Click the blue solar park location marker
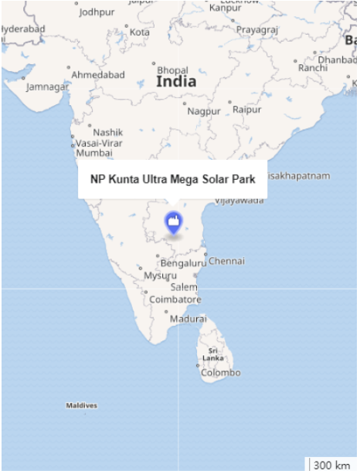click(173, 223)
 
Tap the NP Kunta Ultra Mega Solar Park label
click(172, 179)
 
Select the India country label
click(176, 81)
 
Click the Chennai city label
click(226, 261)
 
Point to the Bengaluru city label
click(183, 264)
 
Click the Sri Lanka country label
click(213, 354)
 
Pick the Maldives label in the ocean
click(81, 405)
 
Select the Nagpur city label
click(204, 111)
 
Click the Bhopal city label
click(172, 70)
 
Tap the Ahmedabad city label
click(98, 75)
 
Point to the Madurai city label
click(188, 318)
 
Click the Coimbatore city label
click(175, 300)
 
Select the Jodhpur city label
click(97, 12)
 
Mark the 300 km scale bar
click(332, 465)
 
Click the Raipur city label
click(247, 110)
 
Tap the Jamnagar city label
click(47, 86)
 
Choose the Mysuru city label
click(161, 276)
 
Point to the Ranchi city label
click(312, 68)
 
